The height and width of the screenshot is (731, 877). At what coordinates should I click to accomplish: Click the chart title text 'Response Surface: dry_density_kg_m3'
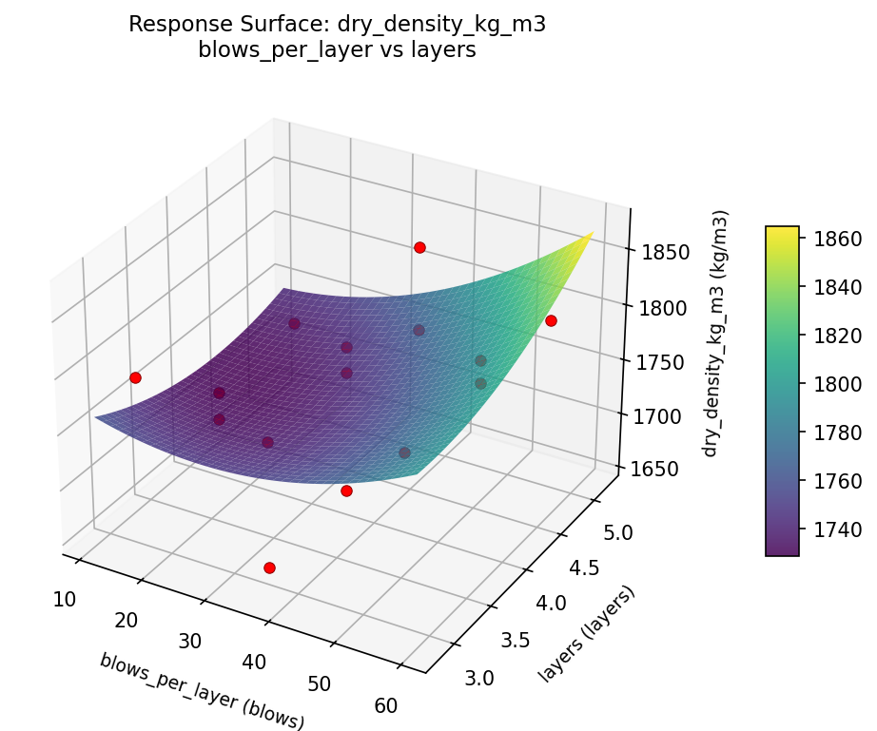(x=337, y=25)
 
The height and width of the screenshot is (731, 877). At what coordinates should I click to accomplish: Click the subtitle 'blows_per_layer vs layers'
(x=337, y=50)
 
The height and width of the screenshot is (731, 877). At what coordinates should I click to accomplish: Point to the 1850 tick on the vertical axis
(x=659, y=253)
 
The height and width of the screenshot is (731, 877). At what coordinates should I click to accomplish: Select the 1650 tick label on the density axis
(x=659, y=469)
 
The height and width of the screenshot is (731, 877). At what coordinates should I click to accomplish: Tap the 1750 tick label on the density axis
(x=659, y=362)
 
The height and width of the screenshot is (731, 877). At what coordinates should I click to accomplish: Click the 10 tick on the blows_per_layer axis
(x=65, y=599)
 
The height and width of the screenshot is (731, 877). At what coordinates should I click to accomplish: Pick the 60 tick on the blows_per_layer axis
(x=386, y=705)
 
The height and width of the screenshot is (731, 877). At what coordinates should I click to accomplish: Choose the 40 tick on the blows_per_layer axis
(x=254, y=663)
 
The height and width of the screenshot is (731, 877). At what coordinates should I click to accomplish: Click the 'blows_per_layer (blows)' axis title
(x=202, y=691)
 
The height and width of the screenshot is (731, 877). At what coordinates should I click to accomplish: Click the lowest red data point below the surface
(x=269, y=567)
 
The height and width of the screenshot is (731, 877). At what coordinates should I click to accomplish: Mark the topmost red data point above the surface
(x=419, y=247)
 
